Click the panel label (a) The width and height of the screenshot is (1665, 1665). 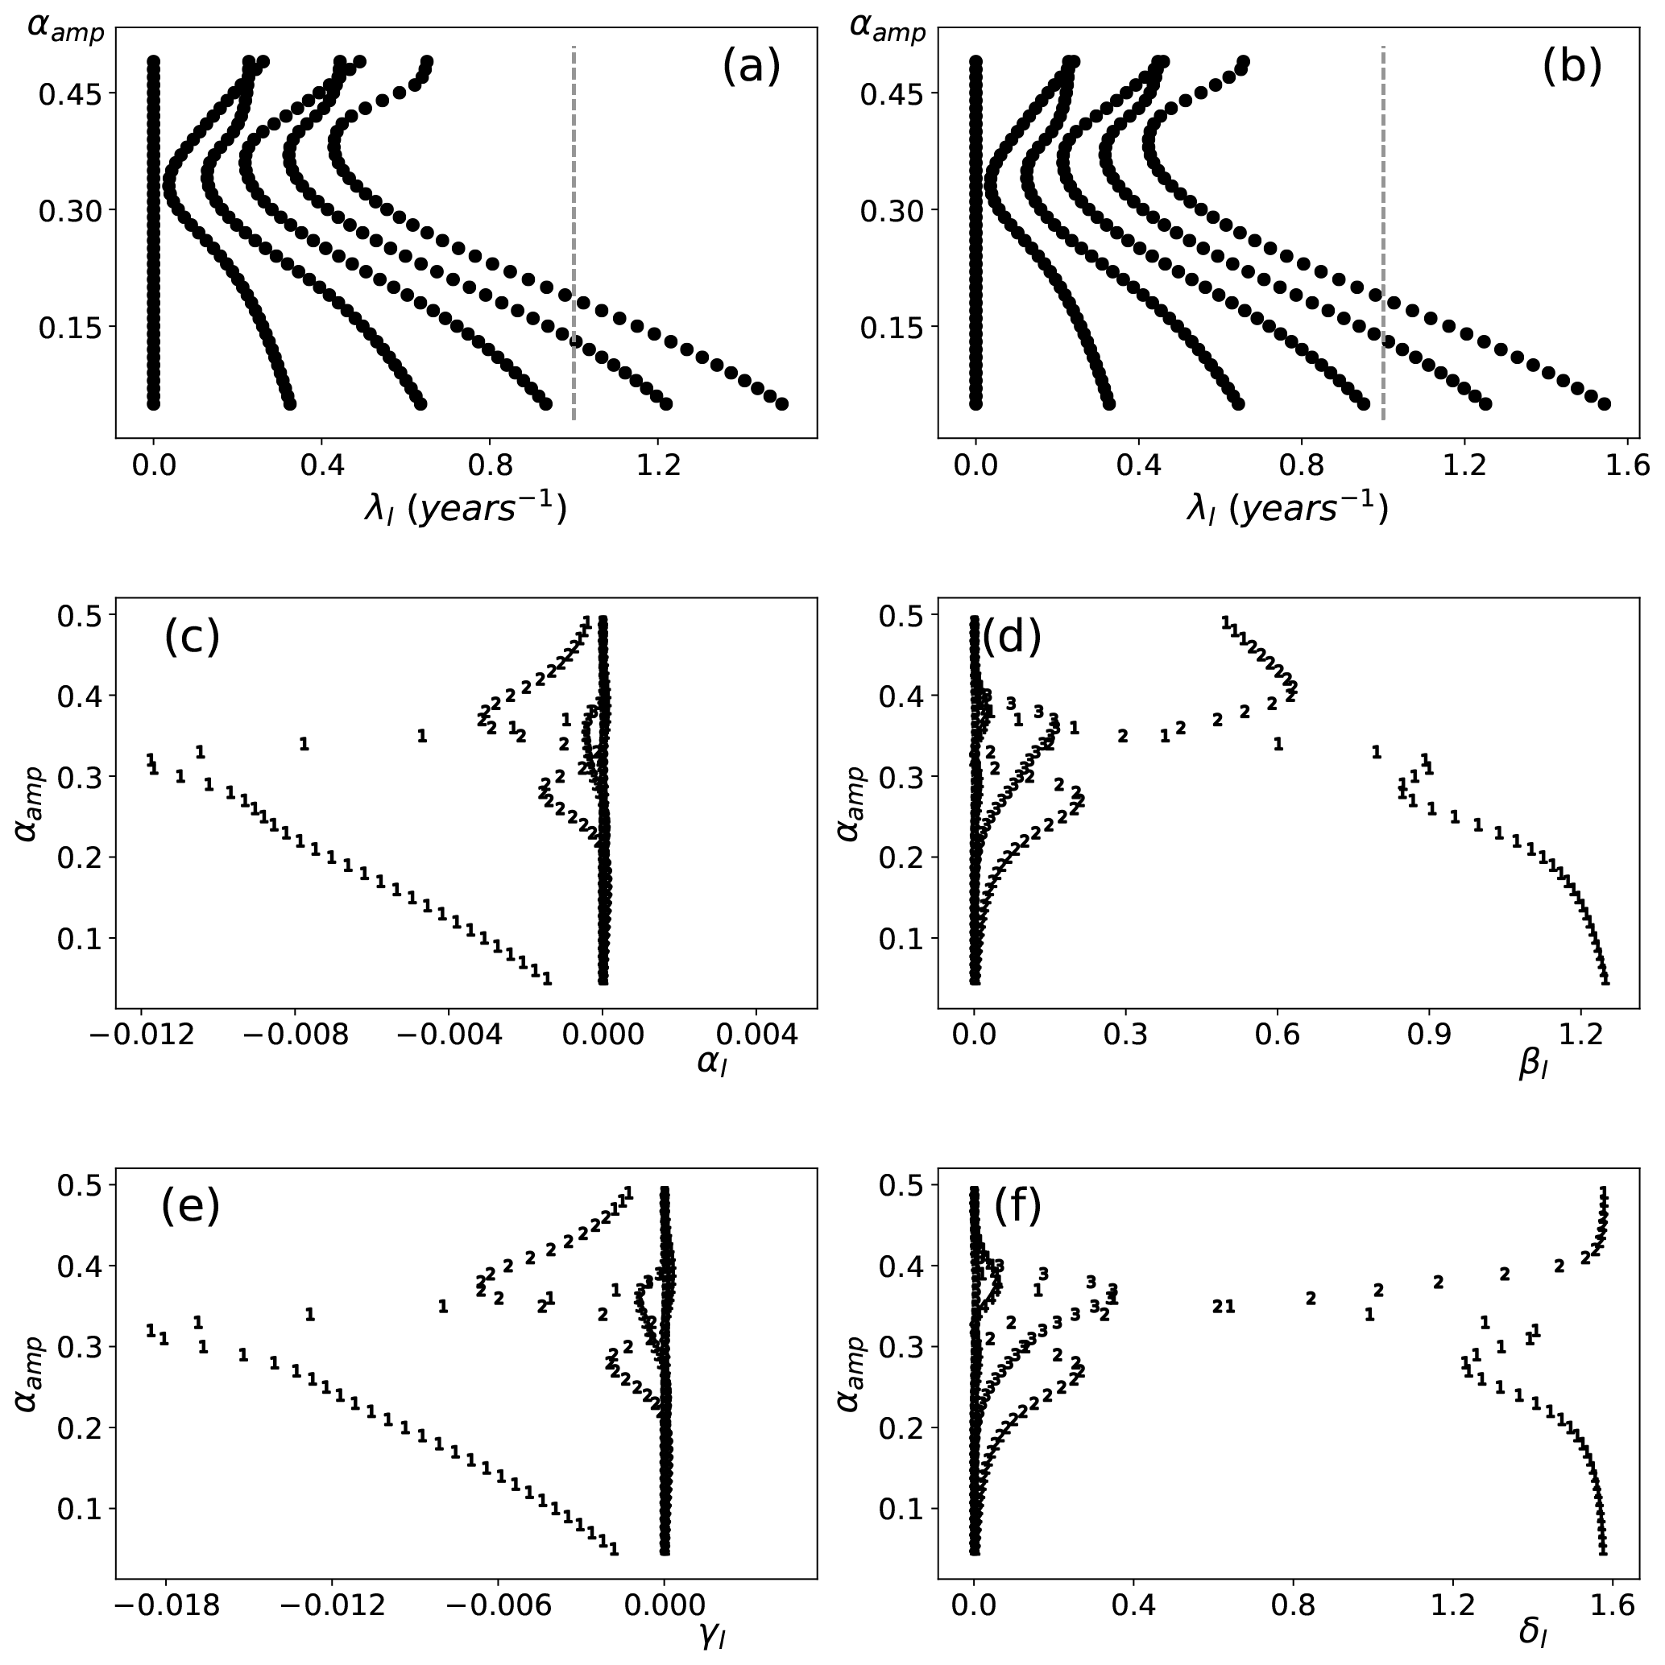coord(750,66)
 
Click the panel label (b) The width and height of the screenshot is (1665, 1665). coord(1572,66)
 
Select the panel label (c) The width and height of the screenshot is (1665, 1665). coord(192,637)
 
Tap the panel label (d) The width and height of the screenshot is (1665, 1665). coord(1013,637)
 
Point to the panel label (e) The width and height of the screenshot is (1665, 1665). coord(191,1205)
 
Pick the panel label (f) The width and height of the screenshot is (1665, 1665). coord(1017,1205)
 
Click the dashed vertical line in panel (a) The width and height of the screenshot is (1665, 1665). coord(574,233)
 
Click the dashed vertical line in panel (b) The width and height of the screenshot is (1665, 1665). coord(1383,233)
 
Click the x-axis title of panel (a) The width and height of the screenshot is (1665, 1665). coord(466,510)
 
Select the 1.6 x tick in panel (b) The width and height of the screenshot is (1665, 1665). coord(1626,466)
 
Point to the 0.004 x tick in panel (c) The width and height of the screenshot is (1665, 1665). coord(757,1035)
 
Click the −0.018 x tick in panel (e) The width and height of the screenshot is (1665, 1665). coord(164,1605)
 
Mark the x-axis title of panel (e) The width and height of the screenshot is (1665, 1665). coord(711,1635)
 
